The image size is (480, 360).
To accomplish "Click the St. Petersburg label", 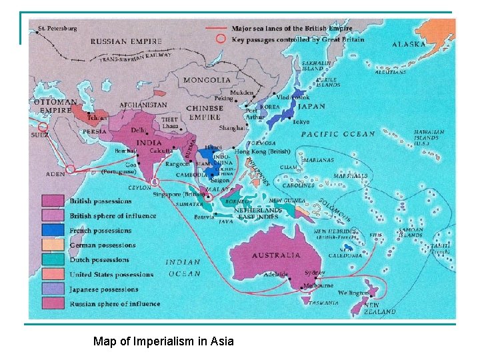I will click(58, 29).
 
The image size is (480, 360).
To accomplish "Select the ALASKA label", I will click(409, 44).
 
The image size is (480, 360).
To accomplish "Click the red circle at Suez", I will click(43, 126).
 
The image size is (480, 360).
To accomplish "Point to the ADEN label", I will click(55, 173).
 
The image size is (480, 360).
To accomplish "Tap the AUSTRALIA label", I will click(276, 255).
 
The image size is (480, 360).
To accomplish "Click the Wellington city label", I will click(353, 293).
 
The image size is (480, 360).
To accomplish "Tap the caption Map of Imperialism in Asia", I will click(163, 342).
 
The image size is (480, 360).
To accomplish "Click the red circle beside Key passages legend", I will click(221, 39).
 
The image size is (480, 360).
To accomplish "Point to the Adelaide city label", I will click(275, 274).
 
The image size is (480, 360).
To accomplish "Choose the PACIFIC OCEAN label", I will click(339, 134).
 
